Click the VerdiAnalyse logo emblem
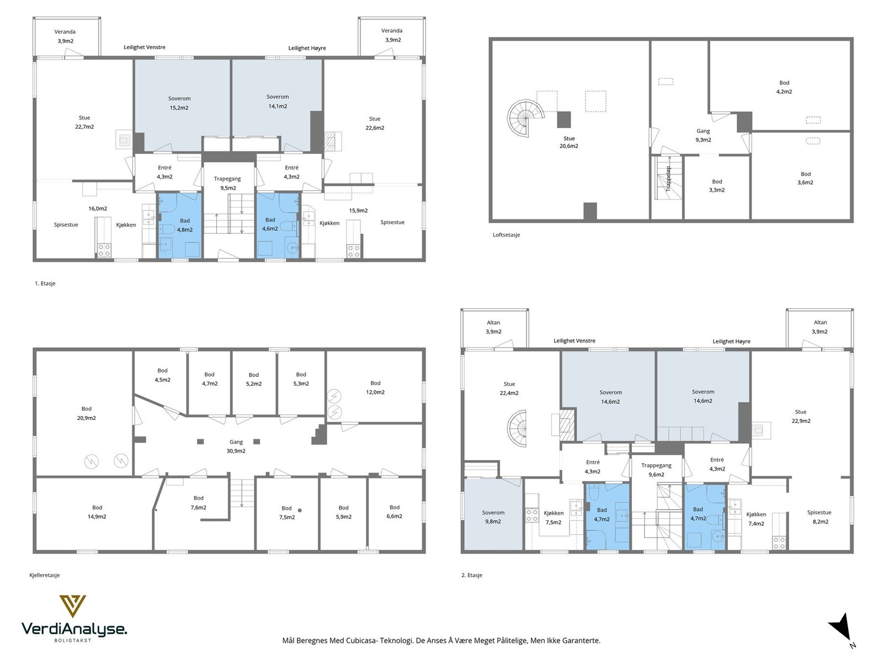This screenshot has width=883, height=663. pos(72,607)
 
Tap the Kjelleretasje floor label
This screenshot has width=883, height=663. pos(45,575)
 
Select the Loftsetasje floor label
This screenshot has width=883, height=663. pos(506,235)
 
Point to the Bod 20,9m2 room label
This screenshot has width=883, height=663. pos(87,413)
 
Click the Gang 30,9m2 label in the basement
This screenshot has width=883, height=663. pos(236,446)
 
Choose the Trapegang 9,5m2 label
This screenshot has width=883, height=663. pos(227,183)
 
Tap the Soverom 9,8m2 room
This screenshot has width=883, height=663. pos(493,517)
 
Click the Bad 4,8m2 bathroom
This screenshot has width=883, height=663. pos(184,225)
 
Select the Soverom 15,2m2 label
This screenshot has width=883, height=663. pos(179,103)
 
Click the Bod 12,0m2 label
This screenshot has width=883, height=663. pos(375,387)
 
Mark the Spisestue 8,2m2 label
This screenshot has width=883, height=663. pos(819,517)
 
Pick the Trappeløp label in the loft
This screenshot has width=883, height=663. pos(668,178)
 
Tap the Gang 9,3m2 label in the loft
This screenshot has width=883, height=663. pos(703,135)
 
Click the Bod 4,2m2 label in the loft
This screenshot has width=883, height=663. pos(784,87)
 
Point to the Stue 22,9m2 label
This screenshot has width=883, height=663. pos(801,416)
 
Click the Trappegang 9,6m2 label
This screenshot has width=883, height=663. pos(656,470)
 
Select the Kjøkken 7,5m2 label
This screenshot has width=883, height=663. pos(554,518)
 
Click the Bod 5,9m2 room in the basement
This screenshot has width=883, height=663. pos(343,512)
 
